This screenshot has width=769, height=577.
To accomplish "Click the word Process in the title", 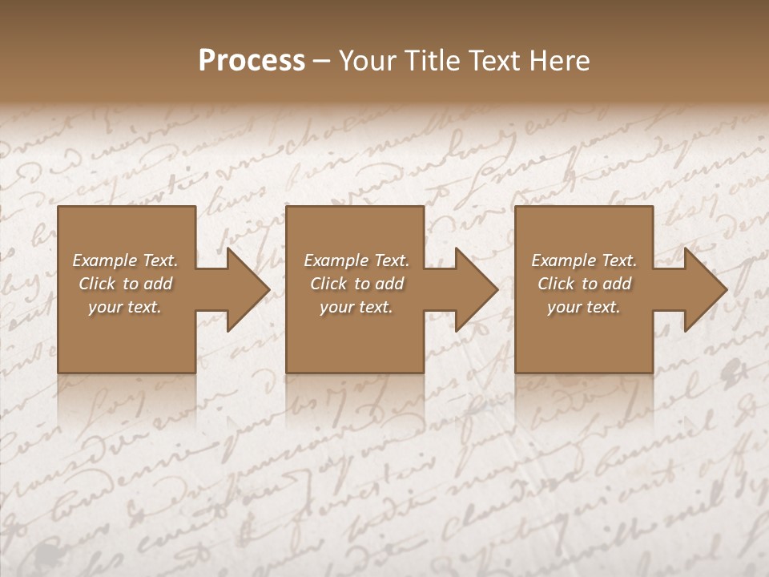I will click(x=252, y=61).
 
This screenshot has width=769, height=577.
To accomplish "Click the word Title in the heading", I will click(x=434, y=61).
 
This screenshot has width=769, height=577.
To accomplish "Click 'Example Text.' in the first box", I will click(x=125, y=260).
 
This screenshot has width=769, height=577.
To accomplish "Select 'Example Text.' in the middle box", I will click(x=356, y=260).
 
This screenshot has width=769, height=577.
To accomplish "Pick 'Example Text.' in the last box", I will click(x=584, y=260).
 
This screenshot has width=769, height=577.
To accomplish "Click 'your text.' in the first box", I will click(x=125, y=307).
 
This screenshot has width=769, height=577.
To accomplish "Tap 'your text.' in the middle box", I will click(x=356, y=307).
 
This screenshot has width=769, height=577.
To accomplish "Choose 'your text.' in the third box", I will click(x=584, y=307).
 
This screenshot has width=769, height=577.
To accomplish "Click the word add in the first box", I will click(x=159, y=284).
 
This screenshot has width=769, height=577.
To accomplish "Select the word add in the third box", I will click(x=618, y=284).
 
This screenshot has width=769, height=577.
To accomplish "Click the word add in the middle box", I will click(x=390, y=284).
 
